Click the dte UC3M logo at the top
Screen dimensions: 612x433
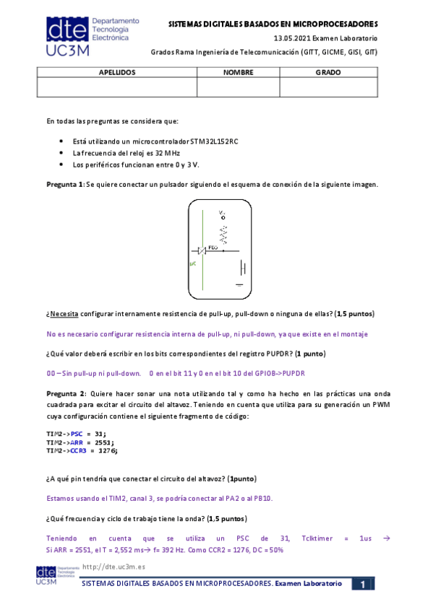click(x=87, y=37)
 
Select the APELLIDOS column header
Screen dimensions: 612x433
click(x=116, y=73)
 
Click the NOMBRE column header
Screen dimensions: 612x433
click(x=238, y=73)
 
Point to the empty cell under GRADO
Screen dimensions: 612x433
click(x=328, y=87)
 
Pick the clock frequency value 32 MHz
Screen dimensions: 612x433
click(x=167, y=153)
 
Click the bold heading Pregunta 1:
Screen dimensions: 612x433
click(x=65, y=185)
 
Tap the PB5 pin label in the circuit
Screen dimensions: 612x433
click(x=213, y=248)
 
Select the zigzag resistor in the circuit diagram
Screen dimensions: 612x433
click(x=223, y=233)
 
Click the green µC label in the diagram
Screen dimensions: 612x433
click(x=193, y=265)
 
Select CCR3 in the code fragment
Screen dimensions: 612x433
click(x=79, y=450)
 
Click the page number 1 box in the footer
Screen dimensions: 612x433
click(x=364, y=583)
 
